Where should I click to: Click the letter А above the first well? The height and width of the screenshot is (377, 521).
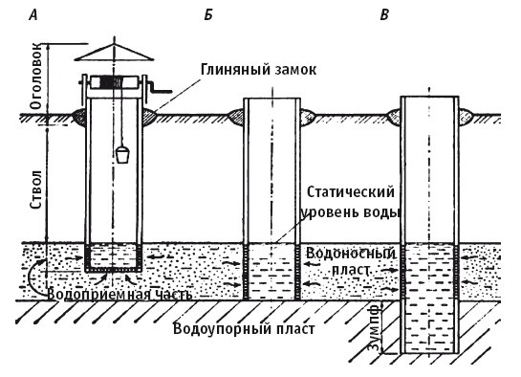[x=33, y=13]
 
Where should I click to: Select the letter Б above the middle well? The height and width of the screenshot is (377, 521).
[x=208, y=13]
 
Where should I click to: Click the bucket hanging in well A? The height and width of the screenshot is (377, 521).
[x=123, y=154]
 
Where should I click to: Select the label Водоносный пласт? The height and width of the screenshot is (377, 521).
[x=351, y=263]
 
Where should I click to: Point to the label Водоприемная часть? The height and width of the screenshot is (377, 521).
[x=117, y=294]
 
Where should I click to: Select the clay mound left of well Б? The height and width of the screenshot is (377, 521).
[x=231, y=118]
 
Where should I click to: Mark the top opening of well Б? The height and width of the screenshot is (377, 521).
[x=273, y=99]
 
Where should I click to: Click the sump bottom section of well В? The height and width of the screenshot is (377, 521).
[x=427, y=330]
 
